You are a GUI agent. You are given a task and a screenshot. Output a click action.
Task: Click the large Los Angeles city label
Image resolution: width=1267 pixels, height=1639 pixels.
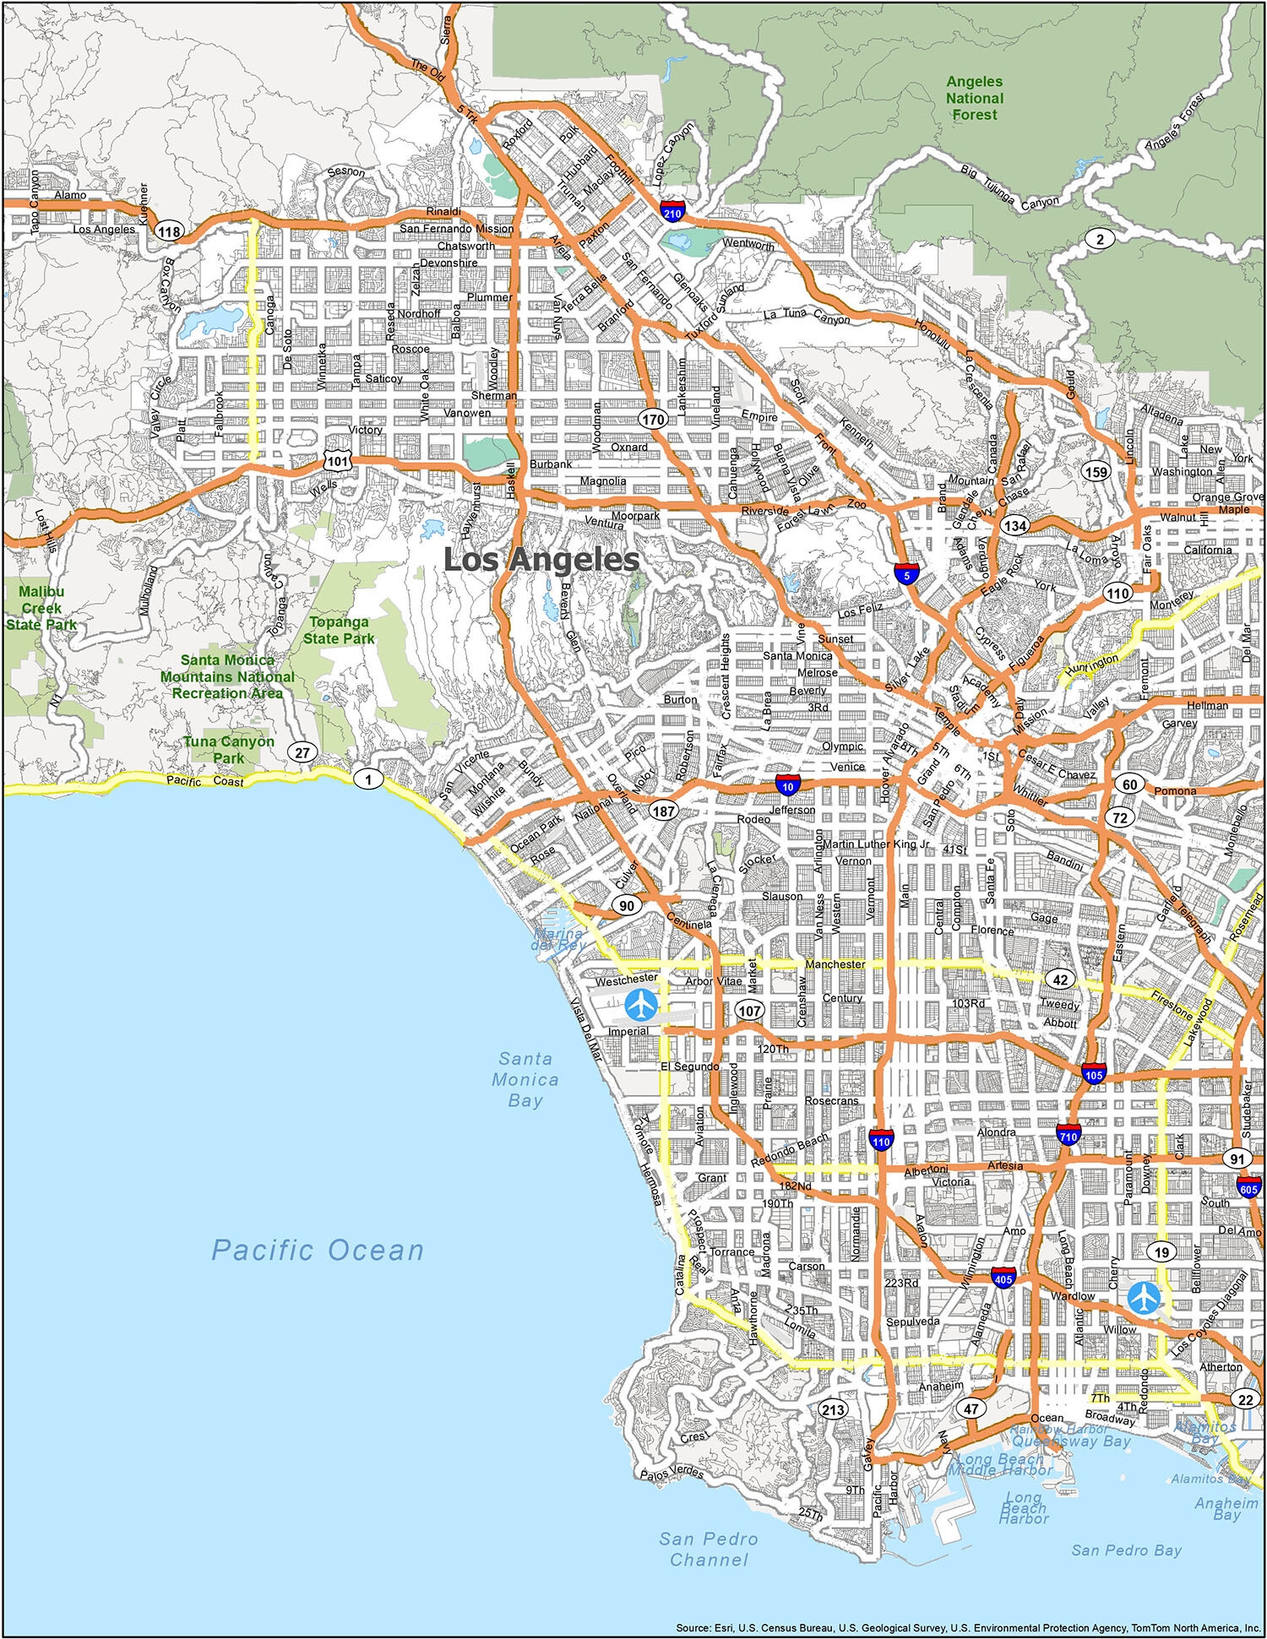pos(541,560)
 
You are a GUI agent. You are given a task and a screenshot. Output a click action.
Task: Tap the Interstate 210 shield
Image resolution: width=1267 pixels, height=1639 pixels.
pos(672,210)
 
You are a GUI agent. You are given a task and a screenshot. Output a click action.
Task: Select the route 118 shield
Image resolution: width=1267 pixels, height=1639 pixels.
pos(170,232)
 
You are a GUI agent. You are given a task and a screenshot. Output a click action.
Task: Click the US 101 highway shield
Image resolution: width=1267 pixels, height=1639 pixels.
pos(337,460)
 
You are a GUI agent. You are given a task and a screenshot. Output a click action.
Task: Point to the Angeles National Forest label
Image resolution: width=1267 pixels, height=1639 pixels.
pos(975,98)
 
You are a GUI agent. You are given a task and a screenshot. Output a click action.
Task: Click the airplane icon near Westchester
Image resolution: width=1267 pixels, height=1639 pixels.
pos(642,1004)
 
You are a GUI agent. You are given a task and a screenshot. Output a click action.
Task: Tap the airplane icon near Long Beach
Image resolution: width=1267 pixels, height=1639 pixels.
pos(1144,1298)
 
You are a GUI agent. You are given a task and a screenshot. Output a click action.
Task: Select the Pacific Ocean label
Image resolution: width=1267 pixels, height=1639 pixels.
pos(318,1251)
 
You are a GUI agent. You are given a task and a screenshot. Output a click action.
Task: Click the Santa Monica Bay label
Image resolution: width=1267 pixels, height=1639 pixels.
pos(525,1079)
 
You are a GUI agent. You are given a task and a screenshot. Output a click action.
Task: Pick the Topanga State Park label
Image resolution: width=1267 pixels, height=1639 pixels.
pos(339,630)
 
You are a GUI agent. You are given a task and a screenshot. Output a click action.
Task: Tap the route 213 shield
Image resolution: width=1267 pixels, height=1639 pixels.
pos(833,1409)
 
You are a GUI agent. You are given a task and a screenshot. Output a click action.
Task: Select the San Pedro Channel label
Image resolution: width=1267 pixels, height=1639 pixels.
pos(709,1549)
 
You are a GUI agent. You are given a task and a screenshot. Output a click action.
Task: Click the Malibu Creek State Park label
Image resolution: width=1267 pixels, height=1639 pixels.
pos(41,608)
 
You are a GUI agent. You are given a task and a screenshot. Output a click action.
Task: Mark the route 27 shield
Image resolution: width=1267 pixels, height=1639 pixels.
pos(302,752)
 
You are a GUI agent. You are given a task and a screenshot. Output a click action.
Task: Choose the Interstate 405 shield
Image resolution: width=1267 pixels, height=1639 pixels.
pos(1003,1277)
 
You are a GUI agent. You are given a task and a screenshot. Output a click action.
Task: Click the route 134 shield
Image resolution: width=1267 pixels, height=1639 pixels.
pos(1014,525)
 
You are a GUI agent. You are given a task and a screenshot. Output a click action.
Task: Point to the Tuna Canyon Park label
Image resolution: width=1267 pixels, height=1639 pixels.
pos(229,749)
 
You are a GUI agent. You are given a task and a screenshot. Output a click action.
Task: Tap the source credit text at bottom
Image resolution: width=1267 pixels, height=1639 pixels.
pos(968,1627)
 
